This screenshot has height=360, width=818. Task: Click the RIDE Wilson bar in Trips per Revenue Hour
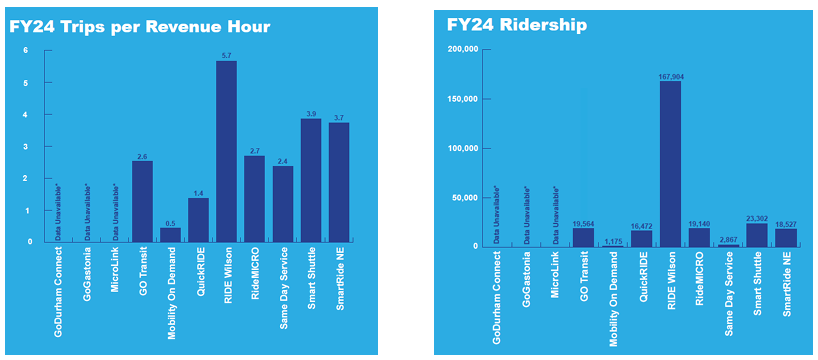coord(226,151)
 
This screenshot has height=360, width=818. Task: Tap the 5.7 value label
coord(226,54)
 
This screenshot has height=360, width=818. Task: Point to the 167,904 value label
coord(670,75)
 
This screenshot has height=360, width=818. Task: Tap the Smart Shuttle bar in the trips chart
coord(311,180)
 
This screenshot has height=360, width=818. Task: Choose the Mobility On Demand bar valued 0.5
coord(171,234)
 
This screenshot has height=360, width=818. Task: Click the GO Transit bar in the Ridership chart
coord(583,236)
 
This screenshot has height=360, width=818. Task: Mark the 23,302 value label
coord(757,217)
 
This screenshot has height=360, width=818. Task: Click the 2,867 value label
coord(728,239)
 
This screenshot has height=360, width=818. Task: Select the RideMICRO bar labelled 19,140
coord(699,236)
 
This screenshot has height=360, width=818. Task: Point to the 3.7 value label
coord(339,117)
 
